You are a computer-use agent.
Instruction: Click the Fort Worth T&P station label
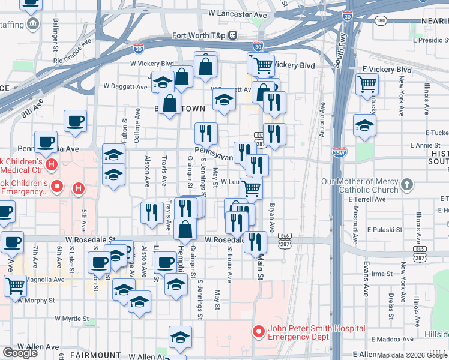pyautogui.click(x=199, y=35)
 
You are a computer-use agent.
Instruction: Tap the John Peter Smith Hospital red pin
pyautogui.click(x=259, y=331)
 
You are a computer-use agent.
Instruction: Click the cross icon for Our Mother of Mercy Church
pyautogui.click(x=407, y=184)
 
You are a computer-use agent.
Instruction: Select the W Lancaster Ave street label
pyautogui.click(x=238, y=13)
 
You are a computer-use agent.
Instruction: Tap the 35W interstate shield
pyautogui.click(x=339, y=154)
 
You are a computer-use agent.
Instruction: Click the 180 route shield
pyautogui.click(x=381, y=20)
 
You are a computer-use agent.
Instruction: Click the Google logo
pyautogui.click(x=20, y=353)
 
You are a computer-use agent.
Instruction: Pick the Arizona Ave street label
pyautogui.click(x=322, y=120)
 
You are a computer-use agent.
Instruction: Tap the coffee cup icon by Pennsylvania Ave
pyautogui.click(x=46, y=142)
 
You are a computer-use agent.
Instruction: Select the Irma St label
pyautogui.click(x=381, y=274)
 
